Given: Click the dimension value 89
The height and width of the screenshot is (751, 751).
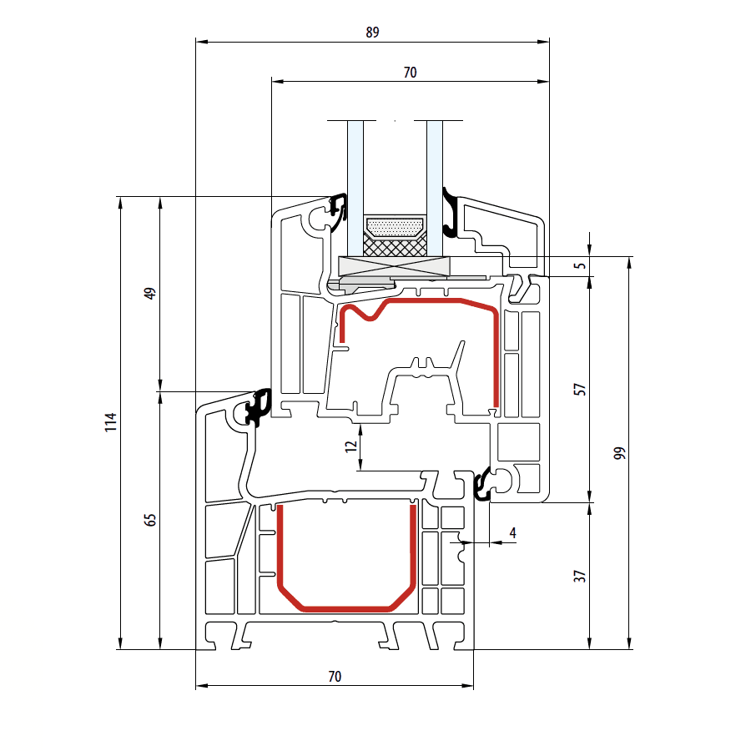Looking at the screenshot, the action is [372, 32].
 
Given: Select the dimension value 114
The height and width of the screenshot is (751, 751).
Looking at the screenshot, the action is [111, 422].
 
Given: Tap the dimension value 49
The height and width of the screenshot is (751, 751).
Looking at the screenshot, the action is [150, 293].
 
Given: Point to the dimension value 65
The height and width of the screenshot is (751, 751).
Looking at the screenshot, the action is [150, 520].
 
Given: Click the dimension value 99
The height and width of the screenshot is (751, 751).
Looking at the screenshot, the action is [620, 453].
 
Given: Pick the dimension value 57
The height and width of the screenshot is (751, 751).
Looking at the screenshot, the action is [580, 390].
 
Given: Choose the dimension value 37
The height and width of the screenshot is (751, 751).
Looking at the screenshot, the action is [580, 576].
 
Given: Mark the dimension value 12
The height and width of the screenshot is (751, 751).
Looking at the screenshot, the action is [351, 446].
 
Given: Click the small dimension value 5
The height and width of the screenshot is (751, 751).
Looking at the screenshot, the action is [580, 266].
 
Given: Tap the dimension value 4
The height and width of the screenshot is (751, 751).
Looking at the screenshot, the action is [513, 532].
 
